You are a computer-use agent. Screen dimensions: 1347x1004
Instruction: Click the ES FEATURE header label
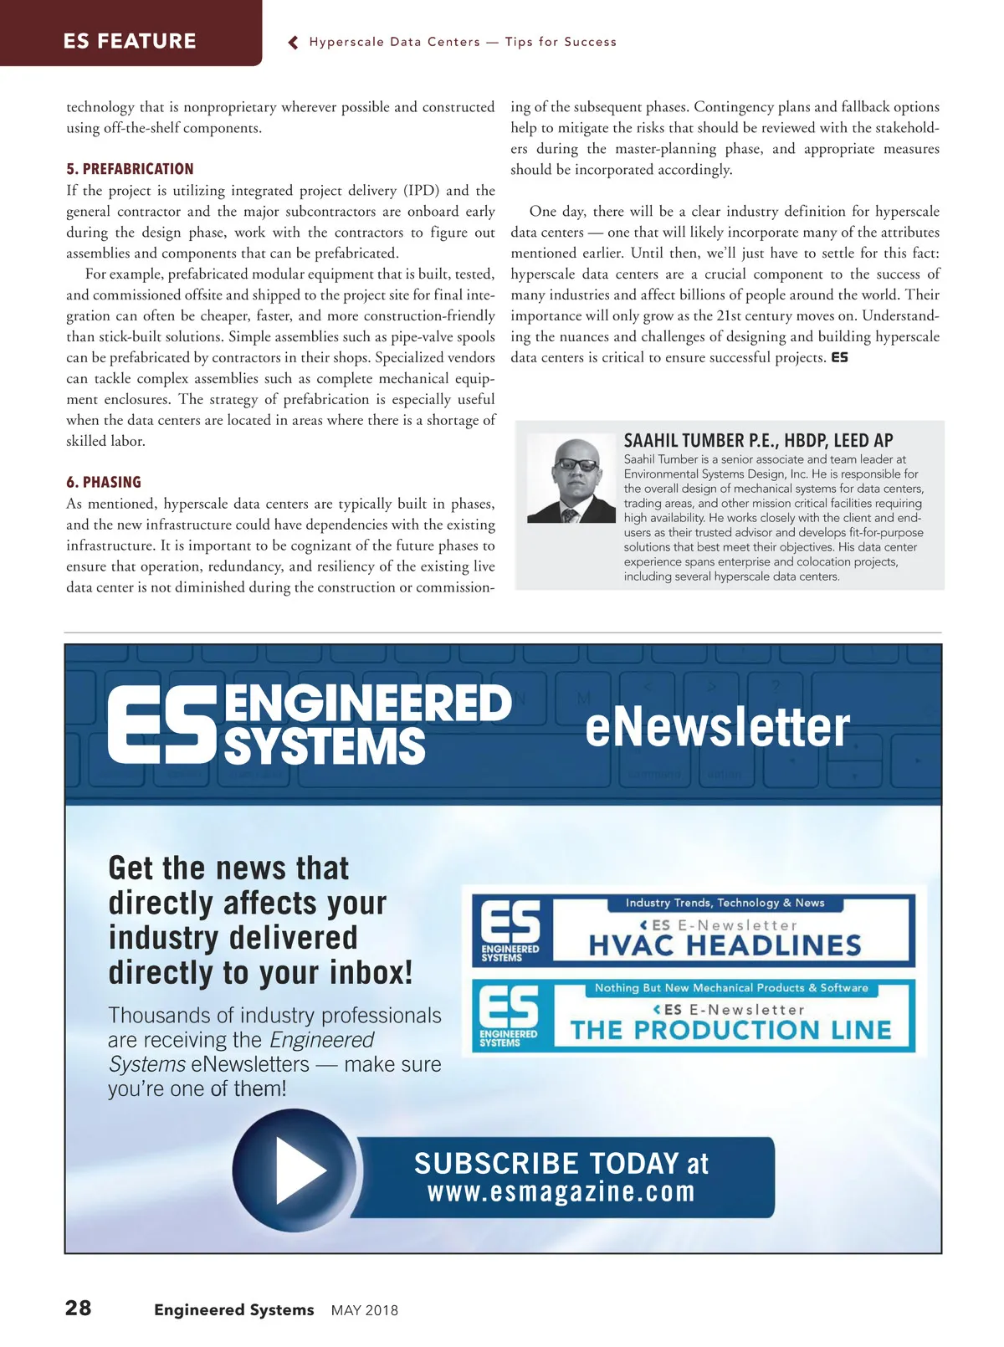click(130, 41)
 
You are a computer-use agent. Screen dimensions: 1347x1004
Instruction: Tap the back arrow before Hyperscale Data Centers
click(294, 43)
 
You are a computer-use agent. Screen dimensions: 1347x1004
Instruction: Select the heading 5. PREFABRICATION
click(130, 169)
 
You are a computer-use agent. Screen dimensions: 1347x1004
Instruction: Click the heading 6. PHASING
click(104, 482)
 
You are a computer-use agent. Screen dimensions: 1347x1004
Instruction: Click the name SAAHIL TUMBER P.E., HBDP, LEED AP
click(758, 441)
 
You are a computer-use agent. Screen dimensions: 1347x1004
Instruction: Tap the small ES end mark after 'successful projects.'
click(839, 358)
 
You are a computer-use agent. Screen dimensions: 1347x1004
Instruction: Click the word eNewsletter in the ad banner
click(717, 726)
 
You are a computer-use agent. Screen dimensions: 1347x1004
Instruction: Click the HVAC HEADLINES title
click(725, 946)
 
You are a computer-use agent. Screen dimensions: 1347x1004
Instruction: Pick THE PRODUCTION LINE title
click(730, 1030)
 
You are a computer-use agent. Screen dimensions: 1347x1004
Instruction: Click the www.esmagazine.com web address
click(561, 1191)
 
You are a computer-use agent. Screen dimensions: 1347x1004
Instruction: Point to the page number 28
click(79, 1308)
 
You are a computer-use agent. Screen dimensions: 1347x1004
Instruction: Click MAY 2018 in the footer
click(365, 1310)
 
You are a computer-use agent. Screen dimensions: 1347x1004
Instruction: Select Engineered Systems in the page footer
click(233, 1309)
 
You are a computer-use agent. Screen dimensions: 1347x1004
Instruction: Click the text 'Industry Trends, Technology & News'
click(725, 903)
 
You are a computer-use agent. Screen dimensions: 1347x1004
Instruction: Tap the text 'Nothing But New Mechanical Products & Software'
click(731, 988)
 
